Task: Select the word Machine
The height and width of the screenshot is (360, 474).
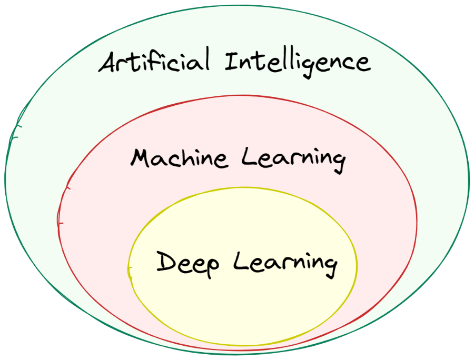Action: coord(179,158)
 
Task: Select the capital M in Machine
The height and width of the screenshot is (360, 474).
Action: coord(141,158)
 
